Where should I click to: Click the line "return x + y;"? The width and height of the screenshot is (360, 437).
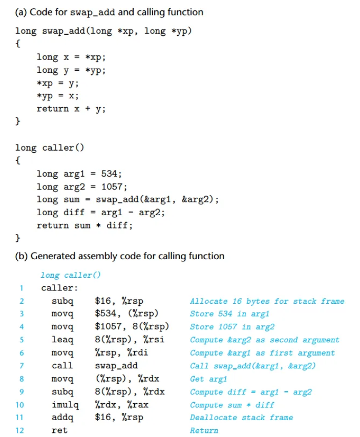click(x=71, y=109)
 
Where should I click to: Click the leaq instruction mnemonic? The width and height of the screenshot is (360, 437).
click(x=62, y=340)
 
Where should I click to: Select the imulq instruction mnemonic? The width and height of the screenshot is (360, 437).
click(x=65, y=405)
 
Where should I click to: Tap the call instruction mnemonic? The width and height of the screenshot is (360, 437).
click(x=62, y=366)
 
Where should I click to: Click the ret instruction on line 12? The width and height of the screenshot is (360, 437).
click(x=59, y=430)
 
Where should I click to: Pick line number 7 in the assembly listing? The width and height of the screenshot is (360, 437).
click(x=21, y=366)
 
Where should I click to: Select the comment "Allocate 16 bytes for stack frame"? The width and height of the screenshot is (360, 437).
click(x=267, y=301)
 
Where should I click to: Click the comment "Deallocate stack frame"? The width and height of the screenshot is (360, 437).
click(x=241, y=418)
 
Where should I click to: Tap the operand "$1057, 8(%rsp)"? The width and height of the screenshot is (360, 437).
click(x=132, y=327)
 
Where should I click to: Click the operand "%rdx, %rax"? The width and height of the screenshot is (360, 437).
click(x=119, y=405)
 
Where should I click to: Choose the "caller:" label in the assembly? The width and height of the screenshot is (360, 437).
click(x=59, y=288)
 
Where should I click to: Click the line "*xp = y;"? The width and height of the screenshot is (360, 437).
click(x=57, y=83)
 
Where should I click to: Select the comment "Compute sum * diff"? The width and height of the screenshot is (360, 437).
click(x=232, y=405)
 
